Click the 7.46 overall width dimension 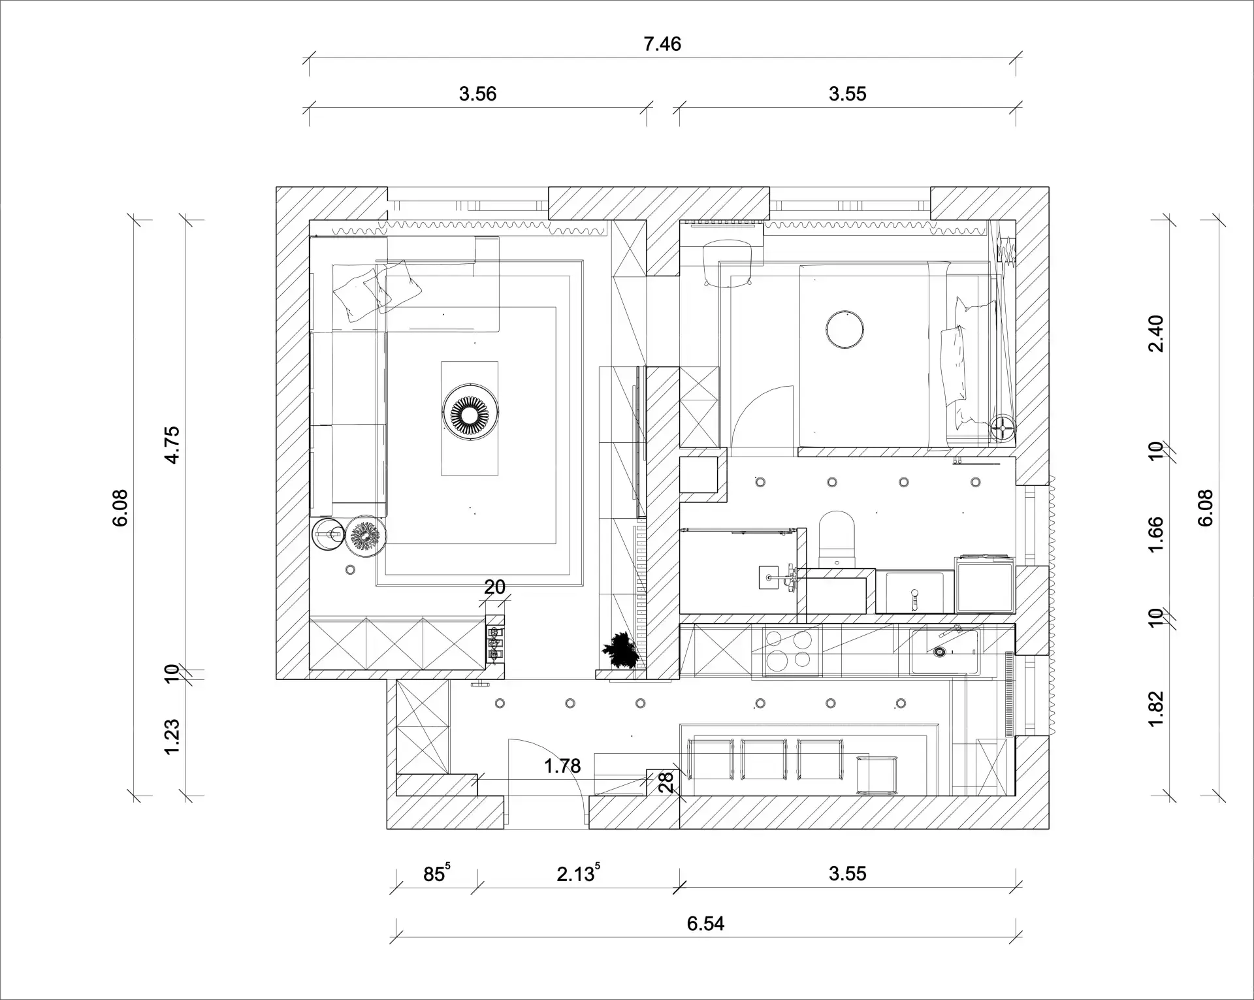coord(662,44)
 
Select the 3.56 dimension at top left coord(477,94)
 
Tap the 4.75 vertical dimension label coord(172,445)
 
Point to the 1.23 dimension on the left coord(172,737)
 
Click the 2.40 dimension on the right coord(1156,334)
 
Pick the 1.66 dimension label coord(1156,534)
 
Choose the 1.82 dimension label coord(1156,708)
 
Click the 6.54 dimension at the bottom coord(705,924)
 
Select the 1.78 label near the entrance coord(562,766)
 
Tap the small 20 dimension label coord(494,587)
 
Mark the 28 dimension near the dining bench coord(666,782)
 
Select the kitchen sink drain coord(940,651)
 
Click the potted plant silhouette coord(620,650)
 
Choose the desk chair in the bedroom coord(726,265)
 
